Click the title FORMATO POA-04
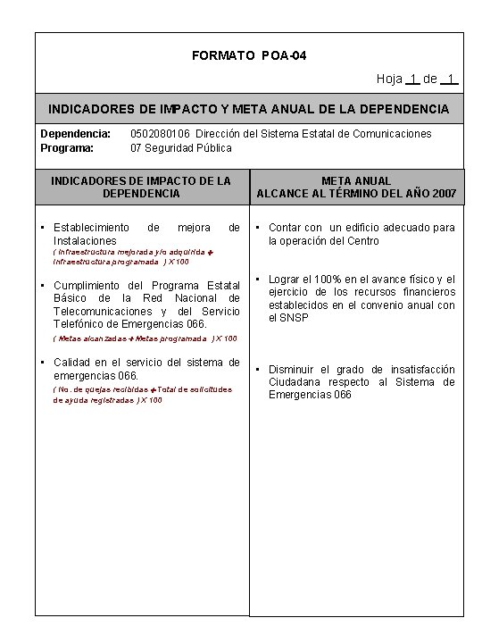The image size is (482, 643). pos(249,56)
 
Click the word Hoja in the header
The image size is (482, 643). pos(389,79)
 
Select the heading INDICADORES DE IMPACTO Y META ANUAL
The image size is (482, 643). pos(249,109)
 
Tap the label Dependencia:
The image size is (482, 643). pos(76,133)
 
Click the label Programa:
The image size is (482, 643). pos(68,147)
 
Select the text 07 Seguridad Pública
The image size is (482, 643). pos(181,147)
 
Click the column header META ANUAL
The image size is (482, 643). pos(357,180)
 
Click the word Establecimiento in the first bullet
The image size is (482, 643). pos(92,228)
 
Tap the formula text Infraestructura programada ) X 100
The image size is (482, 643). pos(121,263)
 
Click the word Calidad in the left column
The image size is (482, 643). pos(74,362)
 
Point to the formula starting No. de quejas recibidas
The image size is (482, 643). pos(143,389)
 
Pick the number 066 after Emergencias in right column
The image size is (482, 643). pos(345,394)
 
